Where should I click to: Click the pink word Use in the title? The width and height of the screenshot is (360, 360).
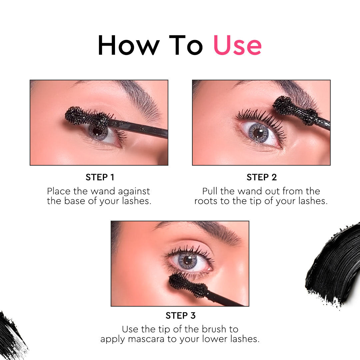coord(237,45)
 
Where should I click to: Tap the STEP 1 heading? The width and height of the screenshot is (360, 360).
coord(100,177)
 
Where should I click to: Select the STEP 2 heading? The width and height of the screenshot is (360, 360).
coord(262,177)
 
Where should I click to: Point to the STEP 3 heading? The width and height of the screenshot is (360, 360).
coord(180,315)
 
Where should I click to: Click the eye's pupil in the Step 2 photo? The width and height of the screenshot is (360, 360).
coord(258,133)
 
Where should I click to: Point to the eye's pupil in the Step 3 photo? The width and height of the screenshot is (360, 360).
coord(187,260)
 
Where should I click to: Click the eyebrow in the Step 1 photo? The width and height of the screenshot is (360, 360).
coord(140,97)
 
